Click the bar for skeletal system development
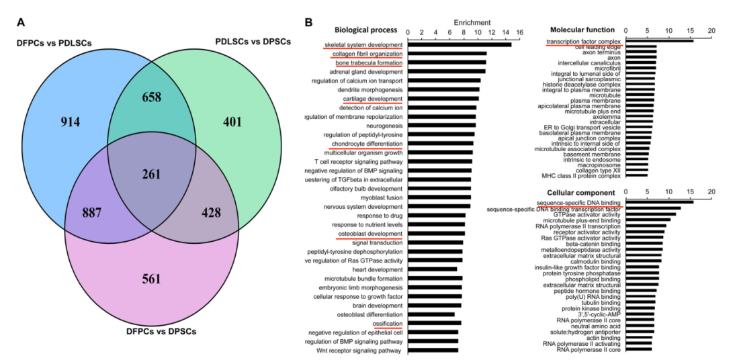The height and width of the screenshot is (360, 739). (x=459, y=44)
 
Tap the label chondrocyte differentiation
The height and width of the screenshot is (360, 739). (x=366, y=144)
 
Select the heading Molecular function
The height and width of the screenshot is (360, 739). (x=582, y=30)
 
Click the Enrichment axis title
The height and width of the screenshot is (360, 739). (x=472, y=22)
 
